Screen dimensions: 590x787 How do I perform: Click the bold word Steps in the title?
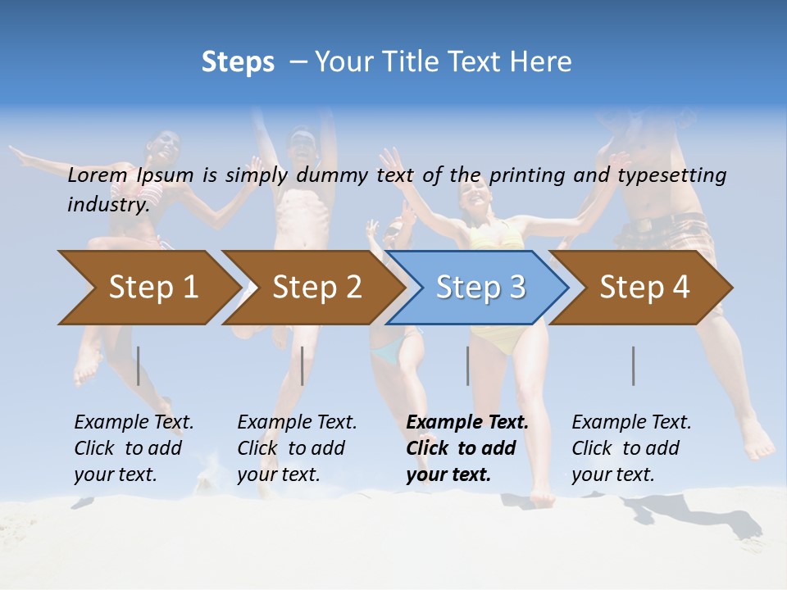238,62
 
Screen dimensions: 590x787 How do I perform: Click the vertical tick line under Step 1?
139,365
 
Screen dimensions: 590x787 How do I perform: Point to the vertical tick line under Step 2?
303,365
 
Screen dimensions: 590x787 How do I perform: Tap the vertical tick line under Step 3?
468,365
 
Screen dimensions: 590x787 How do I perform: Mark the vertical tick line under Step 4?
634,365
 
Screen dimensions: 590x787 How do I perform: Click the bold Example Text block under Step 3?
467,448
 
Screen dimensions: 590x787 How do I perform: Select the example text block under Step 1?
134,448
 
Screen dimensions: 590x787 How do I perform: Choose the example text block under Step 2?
297,448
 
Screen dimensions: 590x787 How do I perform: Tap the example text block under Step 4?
631,448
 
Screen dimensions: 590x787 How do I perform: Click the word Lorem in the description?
98,175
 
